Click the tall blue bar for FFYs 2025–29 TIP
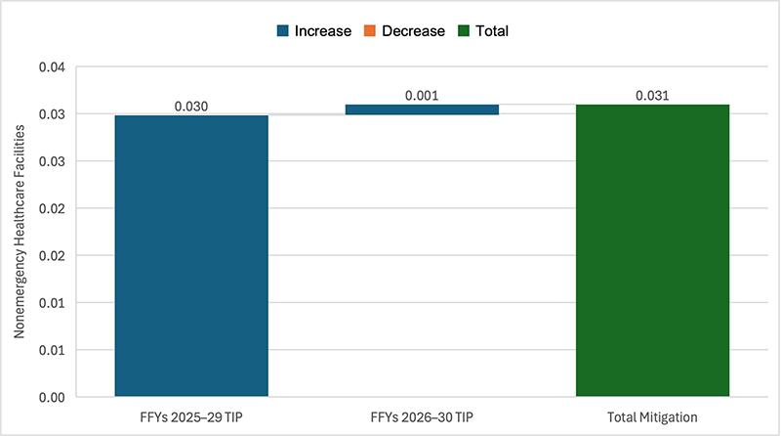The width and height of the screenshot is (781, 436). point(191,256)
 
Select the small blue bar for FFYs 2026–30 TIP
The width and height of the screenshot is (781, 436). point(422,109)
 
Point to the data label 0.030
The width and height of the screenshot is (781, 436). point(191,107)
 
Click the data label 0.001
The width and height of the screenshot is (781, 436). point(422,96)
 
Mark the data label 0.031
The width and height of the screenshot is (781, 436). point(652,96)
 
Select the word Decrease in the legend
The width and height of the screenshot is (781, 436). point(413,30)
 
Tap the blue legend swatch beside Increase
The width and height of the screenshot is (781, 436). point(282,30)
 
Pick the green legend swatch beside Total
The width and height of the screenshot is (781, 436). point(464,30)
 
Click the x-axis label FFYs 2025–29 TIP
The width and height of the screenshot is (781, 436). point(191,416)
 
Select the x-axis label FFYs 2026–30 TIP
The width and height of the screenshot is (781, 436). point(422,416)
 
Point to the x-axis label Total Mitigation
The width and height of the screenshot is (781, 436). point(652,416)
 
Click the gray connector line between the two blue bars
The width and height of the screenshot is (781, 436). point(307,114)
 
